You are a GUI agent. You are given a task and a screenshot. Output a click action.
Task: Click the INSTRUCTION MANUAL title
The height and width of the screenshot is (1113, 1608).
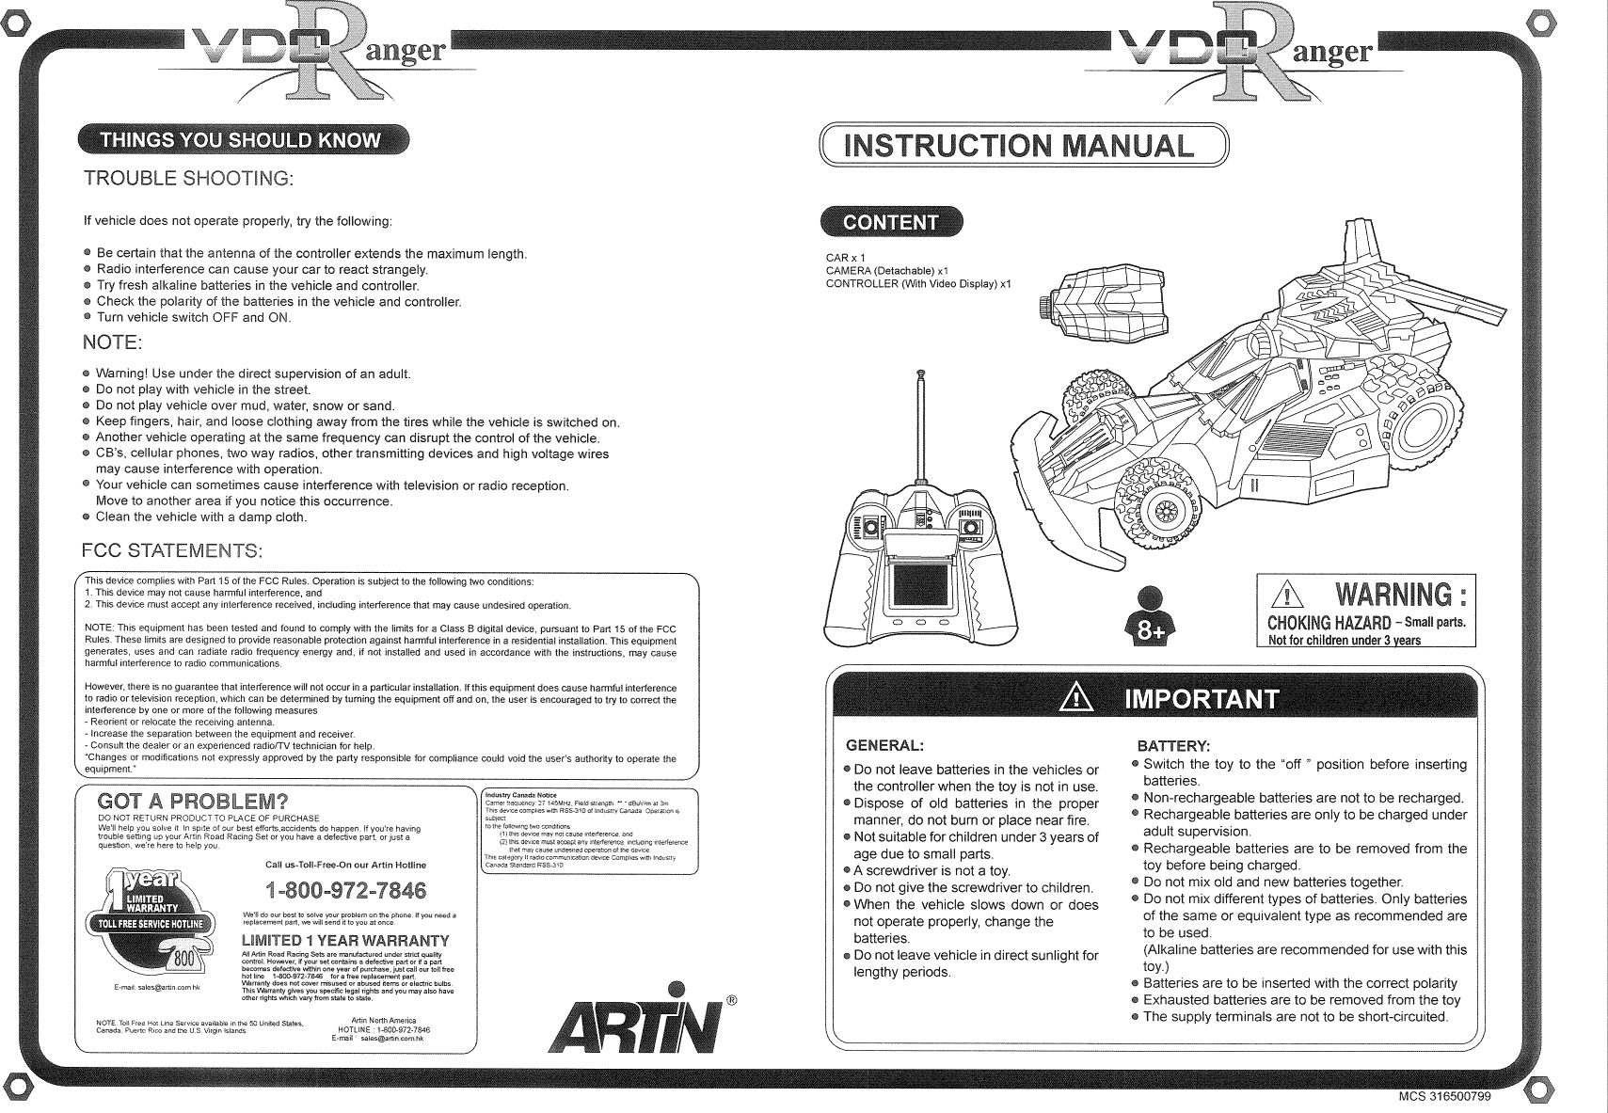[1021, 146]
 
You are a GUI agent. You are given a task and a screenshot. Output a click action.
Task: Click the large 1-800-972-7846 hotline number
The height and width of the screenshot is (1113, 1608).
[345, 890]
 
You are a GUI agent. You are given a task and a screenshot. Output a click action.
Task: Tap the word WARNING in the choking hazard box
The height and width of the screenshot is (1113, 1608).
[1403, 595]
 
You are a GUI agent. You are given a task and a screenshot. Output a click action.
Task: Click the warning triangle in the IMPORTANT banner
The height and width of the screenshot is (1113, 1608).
[1073, 699]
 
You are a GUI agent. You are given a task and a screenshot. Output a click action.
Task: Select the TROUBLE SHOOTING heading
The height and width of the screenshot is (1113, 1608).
[189, 179]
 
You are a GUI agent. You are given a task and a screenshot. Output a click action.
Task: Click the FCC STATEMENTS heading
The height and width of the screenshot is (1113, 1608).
[172, 549]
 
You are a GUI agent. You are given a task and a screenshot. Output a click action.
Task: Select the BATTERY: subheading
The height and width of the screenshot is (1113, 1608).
[1167, 745]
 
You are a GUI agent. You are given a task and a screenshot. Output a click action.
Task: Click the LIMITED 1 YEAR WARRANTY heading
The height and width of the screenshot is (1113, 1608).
[345, 942]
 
